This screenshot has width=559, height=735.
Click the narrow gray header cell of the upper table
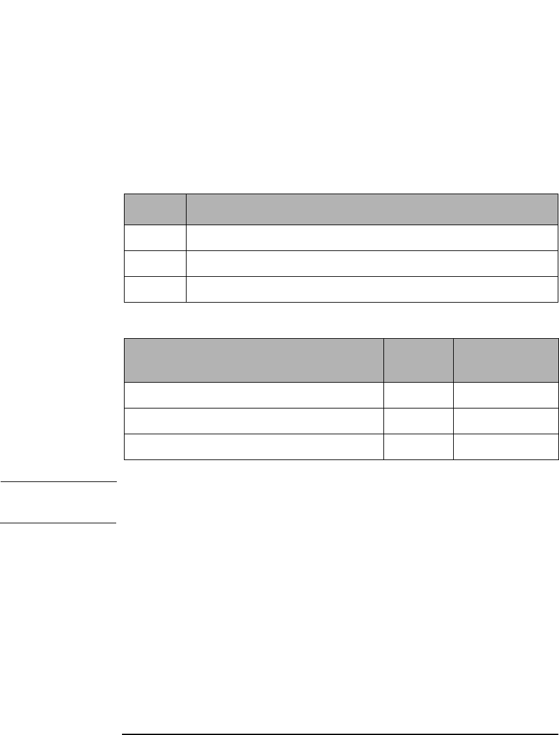154,209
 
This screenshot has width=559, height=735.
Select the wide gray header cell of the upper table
371,209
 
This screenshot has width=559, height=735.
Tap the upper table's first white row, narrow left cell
154,237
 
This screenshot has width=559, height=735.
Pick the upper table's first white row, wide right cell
371,237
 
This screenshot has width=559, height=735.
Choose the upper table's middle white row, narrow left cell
154,263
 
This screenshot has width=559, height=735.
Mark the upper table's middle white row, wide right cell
371,263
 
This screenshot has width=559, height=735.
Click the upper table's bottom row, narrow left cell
154,289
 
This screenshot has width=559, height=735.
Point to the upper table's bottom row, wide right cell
371,289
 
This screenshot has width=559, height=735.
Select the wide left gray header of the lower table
254,360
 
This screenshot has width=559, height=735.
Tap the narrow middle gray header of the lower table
418,360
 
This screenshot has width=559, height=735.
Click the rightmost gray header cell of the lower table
505,360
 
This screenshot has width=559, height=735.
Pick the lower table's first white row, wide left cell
254,395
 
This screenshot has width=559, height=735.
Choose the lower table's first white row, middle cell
418,395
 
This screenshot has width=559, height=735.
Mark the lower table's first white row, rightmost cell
505,395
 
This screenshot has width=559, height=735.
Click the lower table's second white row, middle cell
418,421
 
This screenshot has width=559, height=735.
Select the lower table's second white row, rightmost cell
505,421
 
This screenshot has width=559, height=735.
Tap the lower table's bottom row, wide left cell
254,447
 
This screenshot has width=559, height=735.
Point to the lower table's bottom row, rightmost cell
505,447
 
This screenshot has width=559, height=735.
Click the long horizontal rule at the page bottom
340,716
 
